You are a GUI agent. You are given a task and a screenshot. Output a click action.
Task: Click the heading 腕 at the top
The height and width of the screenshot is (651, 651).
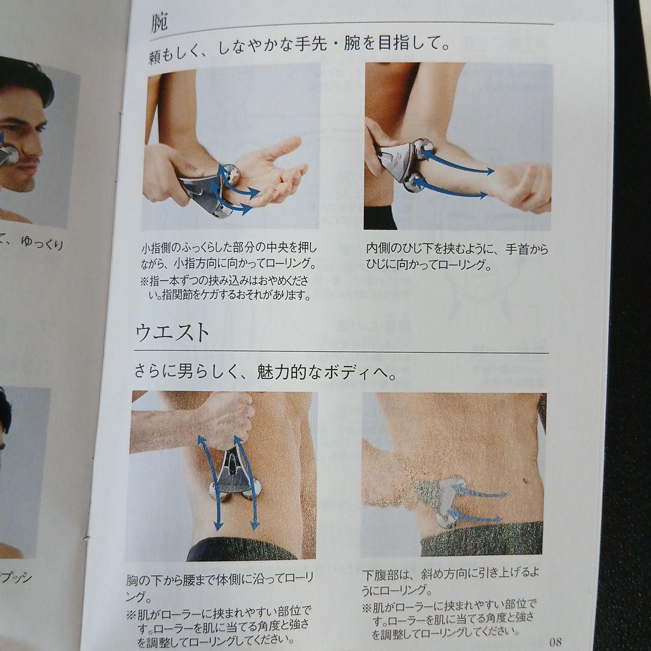click(x=160, y=24)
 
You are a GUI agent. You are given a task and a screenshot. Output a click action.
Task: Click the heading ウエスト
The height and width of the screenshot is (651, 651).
click(x=172, y=332)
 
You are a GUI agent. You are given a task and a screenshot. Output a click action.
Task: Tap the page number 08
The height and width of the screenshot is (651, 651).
click(x=555, y=640)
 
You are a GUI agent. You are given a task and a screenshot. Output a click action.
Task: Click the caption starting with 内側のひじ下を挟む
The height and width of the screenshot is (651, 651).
click(x=457, y=256)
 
